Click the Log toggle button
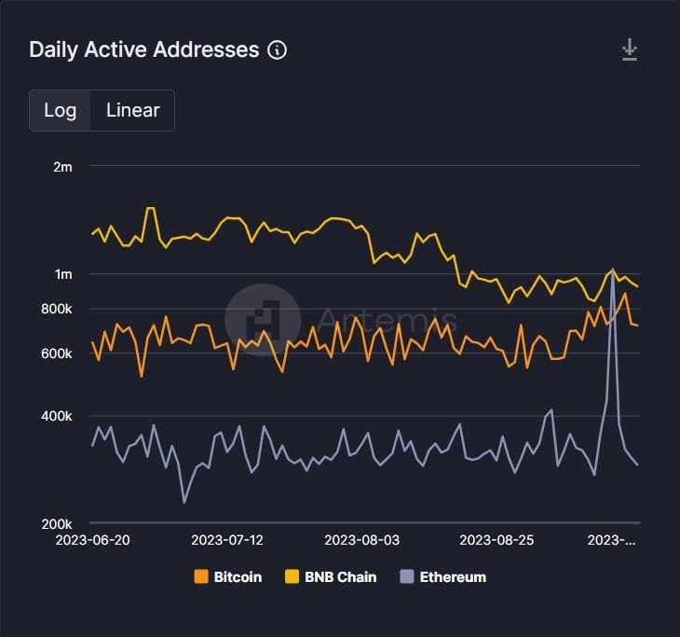coord(60,110)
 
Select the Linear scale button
coord(132,110)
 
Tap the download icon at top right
coord(631,50)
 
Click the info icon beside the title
coord(277,50)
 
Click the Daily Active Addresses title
coord(143,49)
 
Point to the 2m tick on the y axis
coord(62,167)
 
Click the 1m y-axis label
coord(62,274)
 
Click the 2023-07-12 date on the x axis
coord(228,540)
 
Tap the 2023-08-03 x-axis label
coord(362,540)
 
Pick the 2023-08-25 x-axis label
coord(497,540)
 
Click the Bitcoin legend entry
coord(228,576)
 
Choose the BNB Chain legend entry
coord(333,576)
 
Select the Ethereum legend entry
coord(443,576)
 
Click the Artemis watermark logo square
coord(262,320)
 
